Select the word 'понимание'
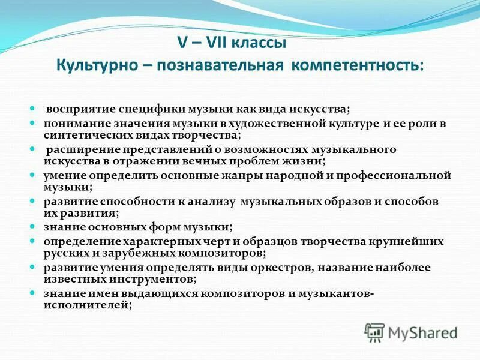(x=72, y=122)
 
